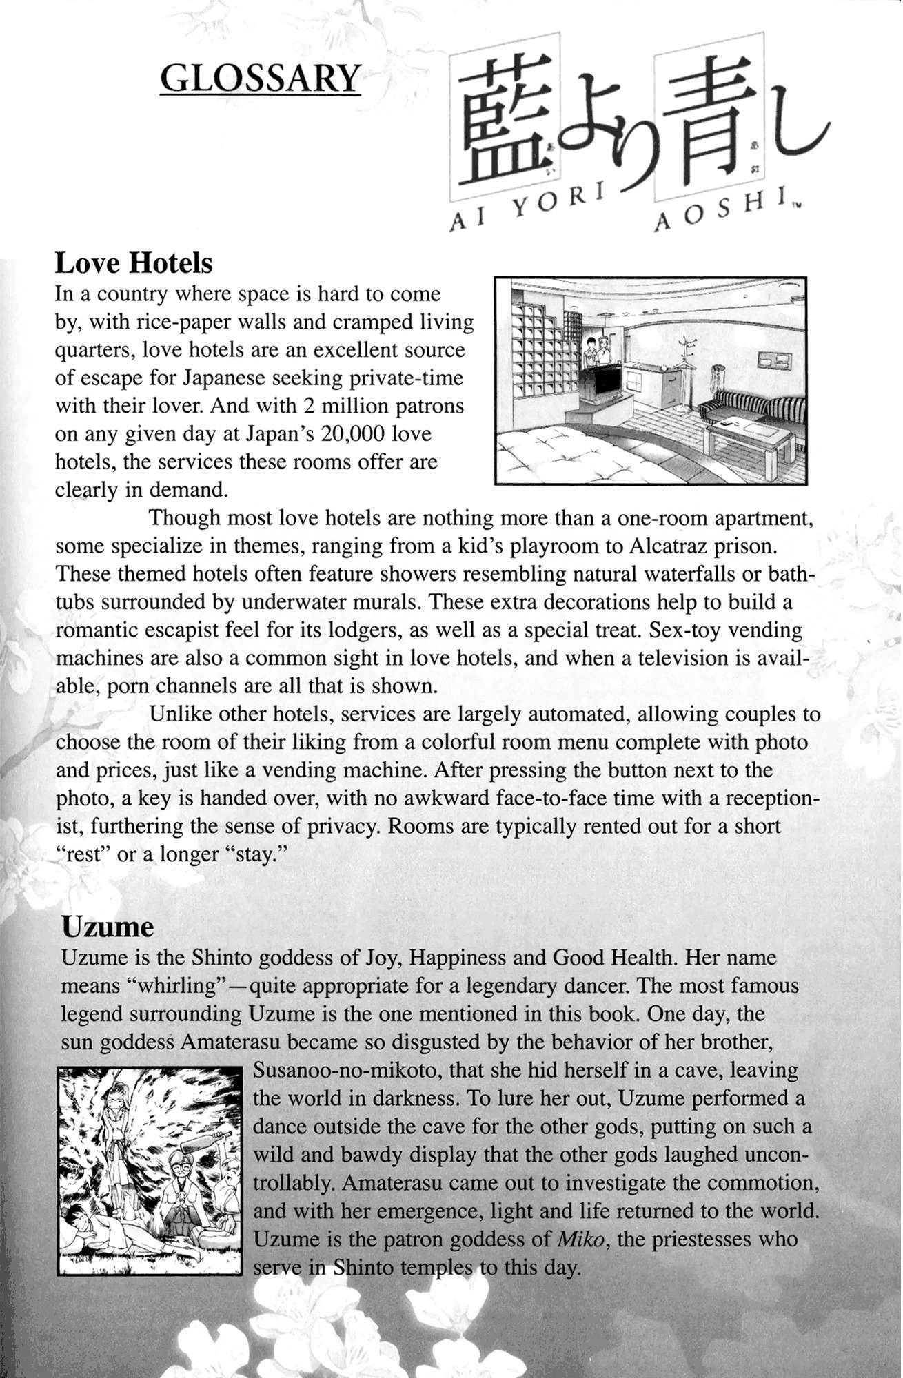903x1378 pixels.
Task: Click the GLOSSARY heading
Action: pos(260,79)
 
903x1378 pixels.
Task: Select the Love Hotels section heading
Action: pos(134,263)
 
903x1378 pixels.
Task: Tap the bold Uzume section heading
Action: pos(108,927)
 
